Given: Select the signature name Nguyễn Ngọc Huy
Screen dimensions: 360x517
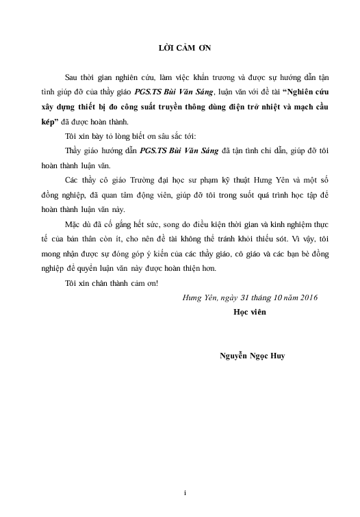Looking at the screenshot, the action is [253, 356].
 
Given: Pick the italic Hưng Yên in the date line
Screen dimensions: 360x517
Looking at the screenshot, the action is [197, 297].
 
